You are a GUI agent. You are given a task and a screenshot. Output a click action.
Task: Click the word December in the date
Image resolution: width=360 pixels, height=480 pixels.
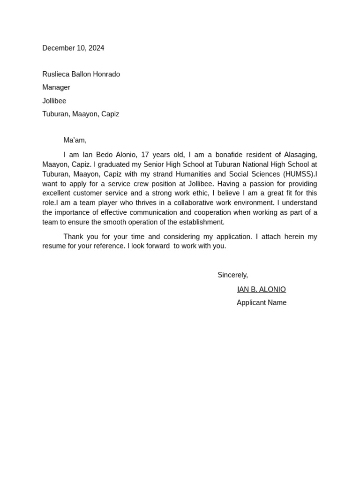click(x=58, y=48)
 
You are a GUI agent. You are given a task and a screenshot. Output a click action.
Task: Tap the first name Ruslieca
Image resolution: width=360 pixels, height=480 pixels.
click(x=55, y=74)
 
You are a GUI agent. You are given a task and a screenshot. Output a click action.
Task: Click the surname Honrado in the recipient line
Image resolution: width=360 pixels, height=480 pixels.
click(x=106, y=74)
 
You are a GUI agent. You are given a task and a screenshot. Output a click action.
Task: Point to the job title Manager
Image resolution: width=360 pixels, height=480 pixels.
click(x=56, y=87)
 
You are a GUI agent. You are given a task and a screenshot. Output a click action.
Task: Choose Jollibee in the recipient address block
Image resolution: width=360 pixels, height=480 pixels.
click(x=54, y=101)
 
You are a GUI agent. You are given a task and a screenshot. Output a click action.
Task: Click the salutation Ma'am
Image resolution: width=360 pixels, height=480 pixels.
click(x=75, y=140)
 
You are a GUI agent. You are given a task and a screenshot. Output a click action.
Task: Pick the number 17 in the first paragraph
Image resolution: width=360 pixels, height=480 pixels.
click(x=145, y=155)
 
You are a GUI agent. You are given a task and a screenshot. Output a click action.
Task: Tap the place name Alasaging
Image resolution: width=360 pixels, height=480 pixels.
click(x=300, y=155)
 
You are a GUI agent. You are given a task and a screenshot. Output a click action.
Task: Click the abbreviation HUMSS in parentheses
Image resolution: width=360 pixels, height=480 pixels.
click(x=298, y=174)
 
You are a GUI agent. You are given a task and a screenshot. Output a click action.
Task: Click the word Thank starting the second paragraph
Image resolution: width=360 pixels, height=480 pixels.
click(x=74, y=237)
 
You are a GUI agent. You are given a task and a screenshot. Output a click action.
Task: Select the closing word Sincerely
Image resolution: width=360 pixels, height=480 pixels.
click(x=232, y=275)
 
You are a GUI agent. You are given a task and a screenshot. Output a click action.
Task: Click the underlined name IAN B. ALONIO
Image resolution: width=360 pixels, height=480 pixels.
click(x=261, y=290)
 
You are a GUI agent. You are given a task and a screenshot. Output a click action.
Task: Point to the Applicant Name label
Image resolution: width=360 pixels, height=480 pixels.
click(x=261, y=303)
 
